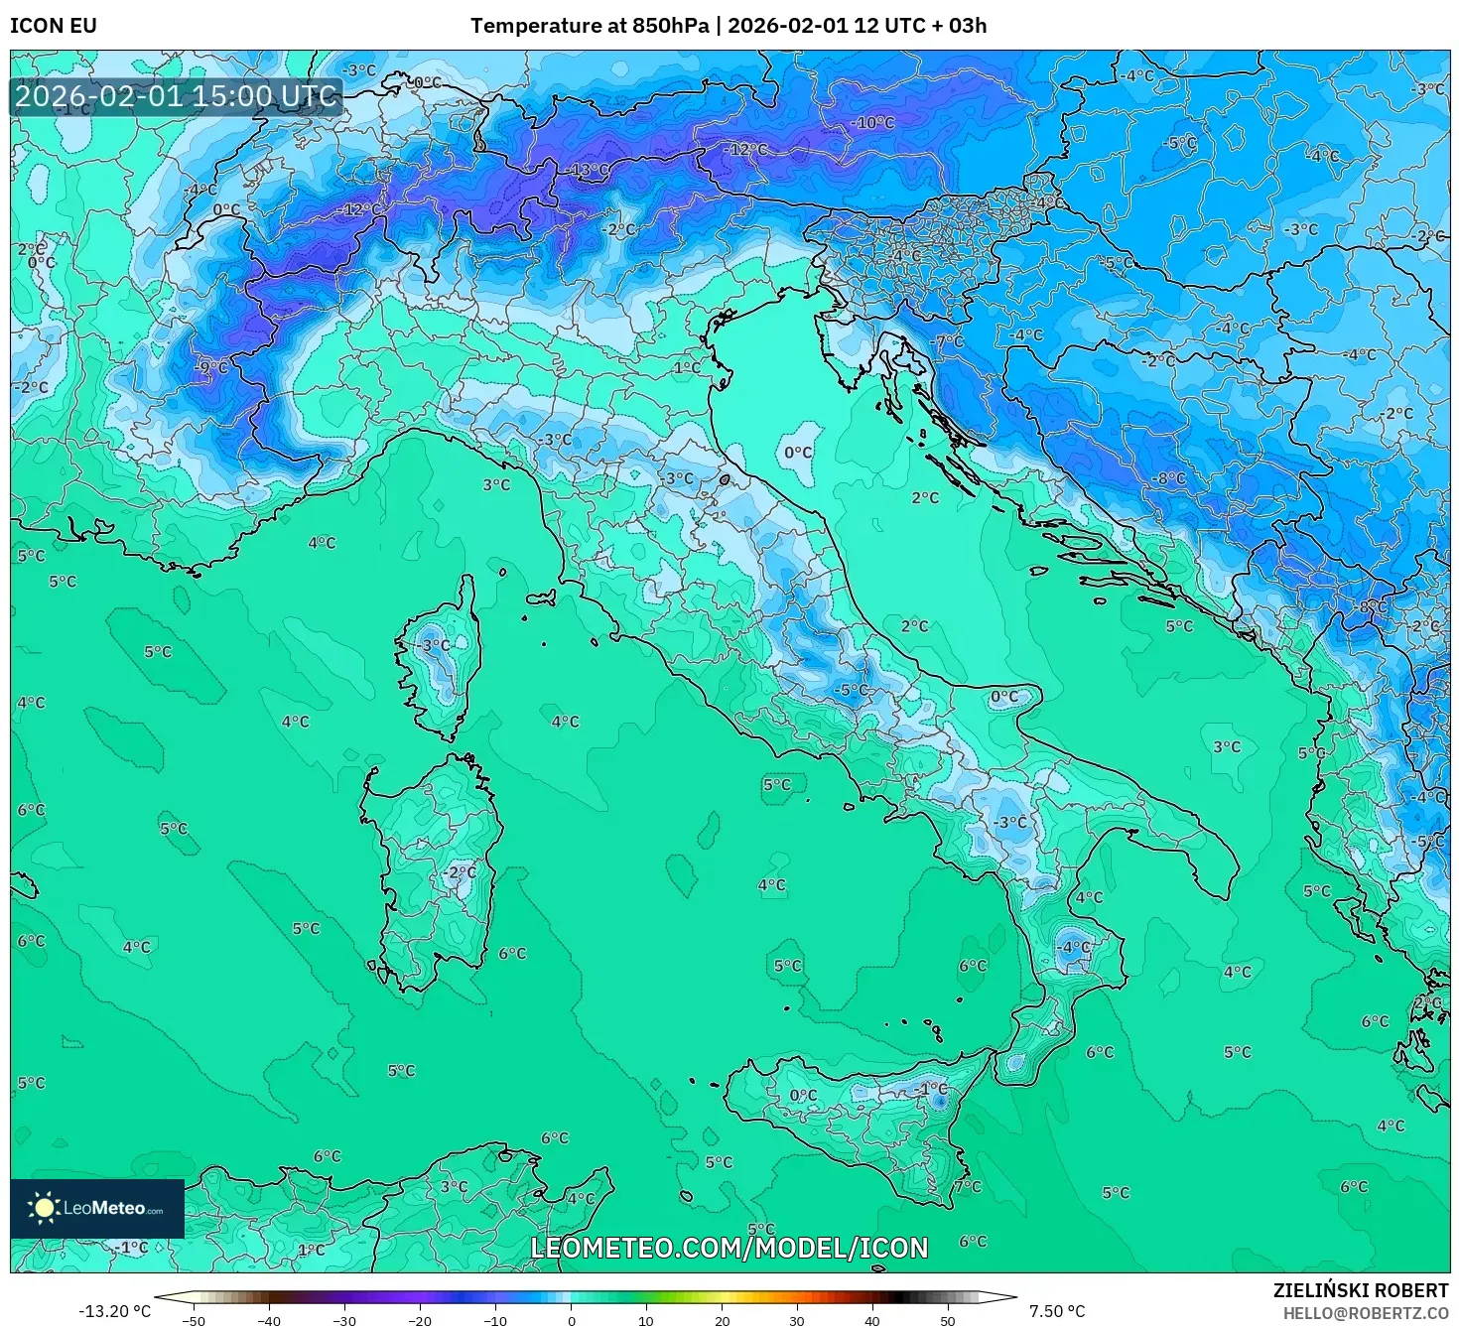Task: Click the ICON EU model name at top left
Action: [x=54, y=26]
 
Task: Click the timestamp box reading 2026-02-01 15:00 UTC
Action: [x=177, y=96]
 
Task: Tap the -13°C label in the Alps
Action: [x=590, y=170]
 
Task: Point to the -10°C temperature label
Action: [x=873, y=122]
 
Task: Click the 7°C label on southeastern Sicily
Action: [x=967, y=1186]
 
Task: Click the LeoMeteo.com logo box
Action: [x=97, y=1208]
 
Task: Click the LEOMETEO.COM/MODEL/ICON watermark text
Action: [x=729, y=1248]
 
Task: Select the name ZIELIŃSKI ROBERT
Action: [x=1361, y=1290]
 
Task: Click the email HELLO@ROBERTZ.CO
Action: [x=1366, y=1313]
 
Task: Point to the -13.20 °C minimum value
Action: [x=114, y=1311]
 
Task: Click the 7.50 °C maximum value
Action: [x=1057, y=1311]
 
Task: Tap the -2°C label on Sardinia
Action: [x=460, y=872]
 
